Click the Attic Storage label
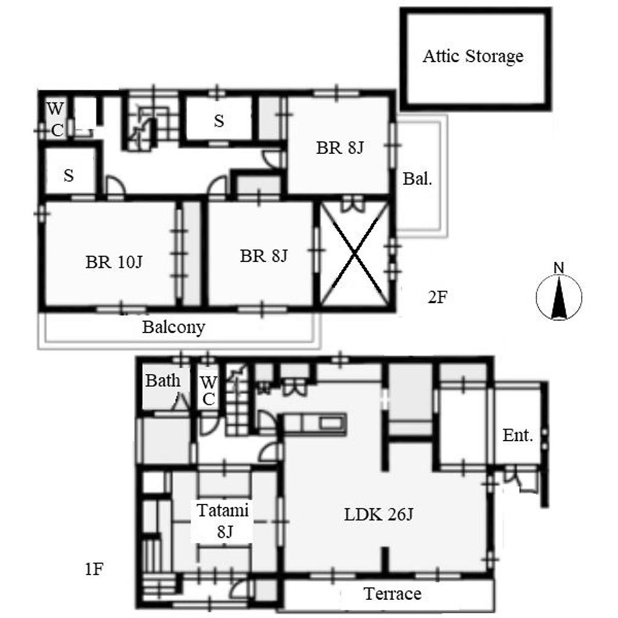tap(473, 56)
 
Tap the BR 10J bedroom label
tap(114, 262)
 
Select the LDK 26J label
tap(378, 515)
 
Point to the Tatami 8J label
tap(223, 521)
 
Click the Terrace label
tap(392, 594)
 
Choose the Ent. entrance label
tap(518, 436)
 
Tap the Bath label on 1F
tap(163, 381)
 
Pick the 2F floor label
tap(437, 297)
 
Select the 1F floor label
tap(94, 569)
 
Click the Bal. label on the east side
tap(418, 179)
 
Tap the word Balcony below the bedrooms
tap(174, 327)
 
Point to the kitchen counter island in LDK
tap(315, 424)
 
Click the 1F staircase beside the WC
tap(238, 400)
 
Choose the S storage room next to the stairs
tap(218, 120)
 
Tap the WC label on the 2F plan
tap(56, 119)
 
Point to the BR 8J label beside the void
tap(263, 256)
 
